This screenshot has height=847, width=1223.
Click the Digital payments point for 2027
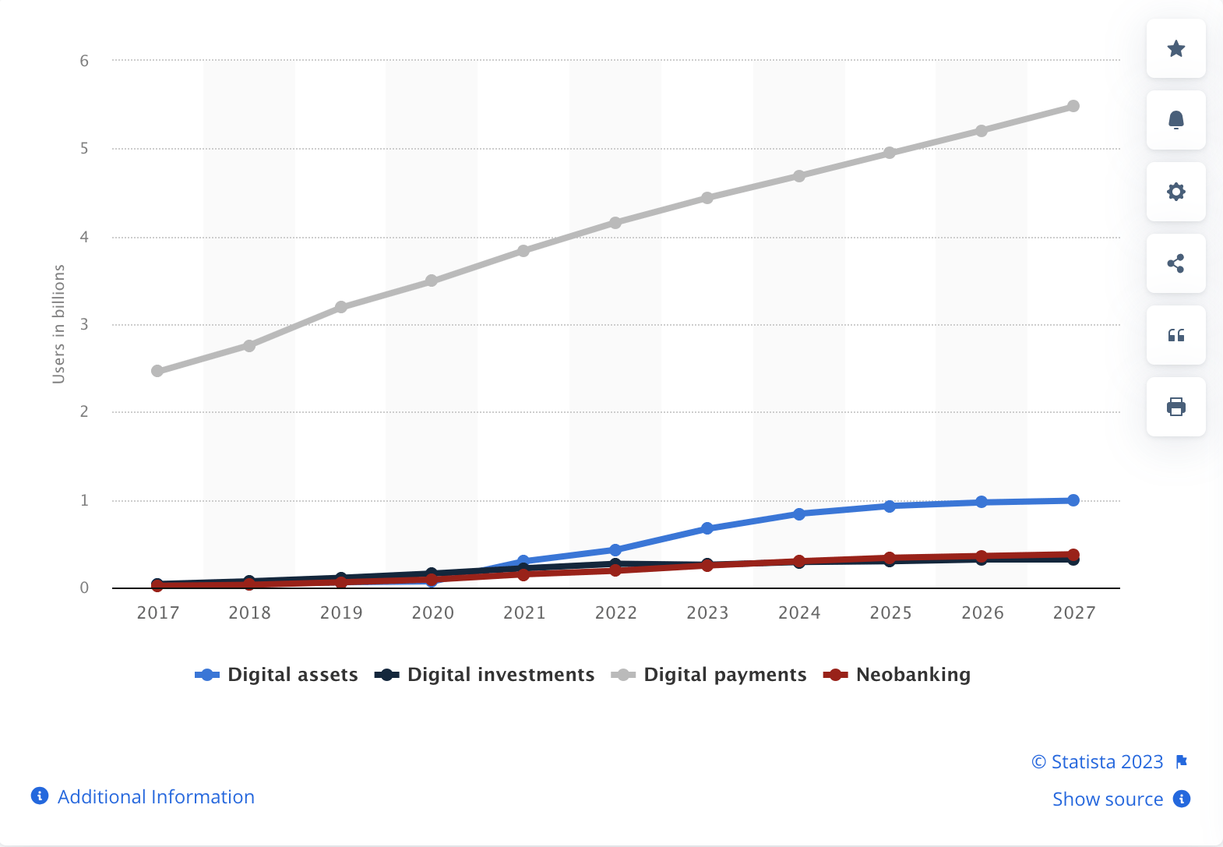pyautogui.click(x=1073, y=106)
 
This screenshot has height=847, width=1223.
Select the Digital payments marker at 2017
pyautogui.click(x=157, y=371)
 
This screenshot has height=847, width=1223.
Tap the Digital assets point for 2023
pyautogui.click(x=707, y=528)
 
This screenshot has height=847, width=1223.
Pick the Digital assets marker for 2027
pyautogui.click(x=1073, y=500)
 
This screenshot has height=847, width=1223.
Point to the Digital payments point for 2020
pyautogui.click(x=432, y=281)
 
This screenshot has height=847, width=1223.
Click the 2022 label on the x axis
pyautogui.click(x=615, y=613)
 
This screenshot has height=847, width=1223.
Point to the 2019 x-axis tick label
pyautogui.click(x=341, y=613)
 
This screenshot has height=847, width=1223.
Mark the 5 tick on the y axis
pyautogui.click(x=84, y=148)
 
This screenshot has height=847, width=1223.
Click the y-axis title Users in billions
pyautogui.click(x=58, y=324)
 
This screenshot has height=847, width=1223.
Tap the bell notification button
pyautogui.click(x=1175, y=120)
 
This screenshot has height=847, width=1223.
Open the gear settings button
pyautogui.click(x=1175, y=192)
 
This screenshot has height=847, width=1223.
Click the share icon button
pyautogui.click(x=1175, y=263)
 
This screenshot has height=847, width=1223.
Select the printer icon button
pyautogui.click(x=1175, y=407)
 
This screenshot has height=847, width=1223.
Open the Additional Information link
pyautogui.click(x=156, y=796)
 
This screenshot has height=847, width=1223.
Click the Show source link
pyautogui.click(x=1107, y=799)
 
